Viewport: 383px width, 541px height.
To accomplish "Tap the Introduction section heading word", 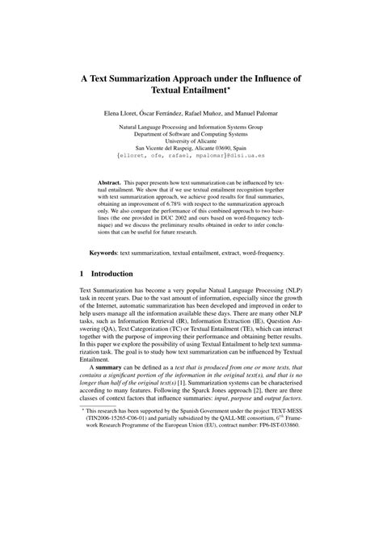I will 121,296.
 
